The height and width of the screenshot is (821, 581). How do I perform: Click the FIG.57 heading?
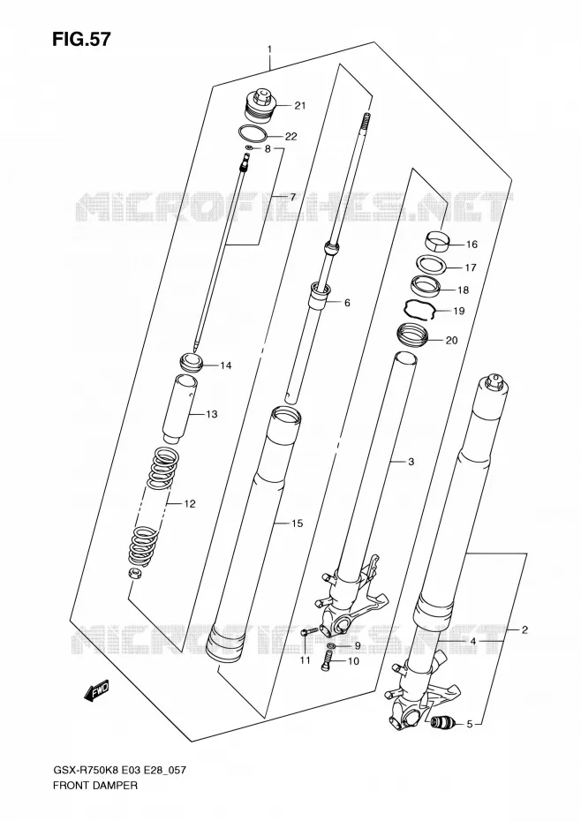tap(81, 40)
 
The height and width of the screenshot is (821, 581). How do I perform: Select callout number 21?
tap(299, 106)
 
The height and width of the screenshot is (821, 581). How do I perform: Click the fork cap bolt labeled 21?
tap(260, 107)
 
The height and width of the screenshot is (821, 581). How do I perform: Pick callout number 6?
tap(347, 303)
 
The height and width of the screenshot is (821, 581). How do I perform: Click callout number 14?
tap(225, 365)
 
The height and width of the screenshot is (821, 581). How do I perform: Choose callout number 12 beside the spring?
tap(189, 504)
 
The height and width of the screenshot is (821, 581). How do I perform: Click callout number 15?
tap(297, 523)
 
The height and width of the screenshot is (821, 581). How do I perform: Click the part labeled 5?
tap(441, 724)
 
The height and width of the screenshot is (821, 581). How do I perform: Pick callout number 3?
tap(411, 462)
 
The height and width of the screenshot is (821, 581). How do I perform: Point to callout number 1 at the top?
tap(269, 49)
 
